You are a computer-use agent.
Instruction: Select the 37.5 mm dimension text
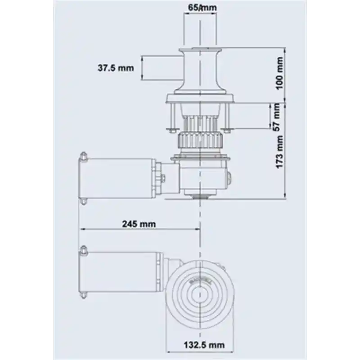[116, 68]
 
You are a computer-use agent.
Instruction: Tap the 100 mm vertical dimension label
[279, 73]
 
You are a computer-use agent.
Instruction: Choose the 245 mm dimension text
[138, 224]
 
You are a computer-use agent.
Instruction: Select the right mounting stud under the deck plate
[228, 117]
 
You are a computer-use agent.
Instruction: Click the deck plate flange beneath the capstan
[200, 98]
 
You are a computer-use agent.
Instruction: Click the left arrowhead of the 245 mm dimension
[82, 229]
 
